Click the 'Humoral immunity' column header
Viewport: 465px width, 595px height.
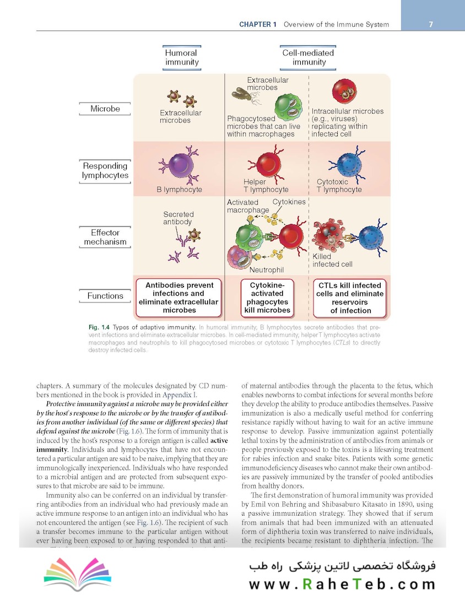(x=182, y=58)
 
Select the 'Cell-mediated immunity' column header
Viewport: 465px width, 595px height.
(x=309, y=58)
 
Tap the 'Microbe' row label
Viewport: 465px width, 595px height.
(x=105, y=109)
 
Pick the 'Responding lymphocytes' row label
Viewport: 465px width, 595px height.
(x=105, y=171)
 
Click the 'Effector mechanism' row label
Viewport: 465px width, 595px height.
(x=105, y=237)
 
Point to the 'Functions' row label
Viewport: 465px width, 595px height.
(x=105, y=296)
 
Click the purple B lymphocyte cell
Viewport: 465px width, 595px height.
(x=177, y=166)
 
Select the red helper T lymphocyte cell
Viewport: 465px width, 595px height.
(x=266, y=164)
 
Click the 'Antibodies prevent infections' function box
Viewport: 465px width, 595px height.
(x=179, y=298)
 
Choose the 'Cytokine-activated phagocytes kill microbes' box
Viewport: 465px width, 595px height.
(x=267, y=298)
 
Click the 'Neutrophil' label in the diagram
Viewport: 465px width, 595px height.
(x=267, y=271)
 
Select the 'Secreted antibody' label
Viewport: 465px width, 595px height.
(x=178, y=218)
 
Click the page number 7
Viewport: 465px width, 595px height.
(x=430, y=24)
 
